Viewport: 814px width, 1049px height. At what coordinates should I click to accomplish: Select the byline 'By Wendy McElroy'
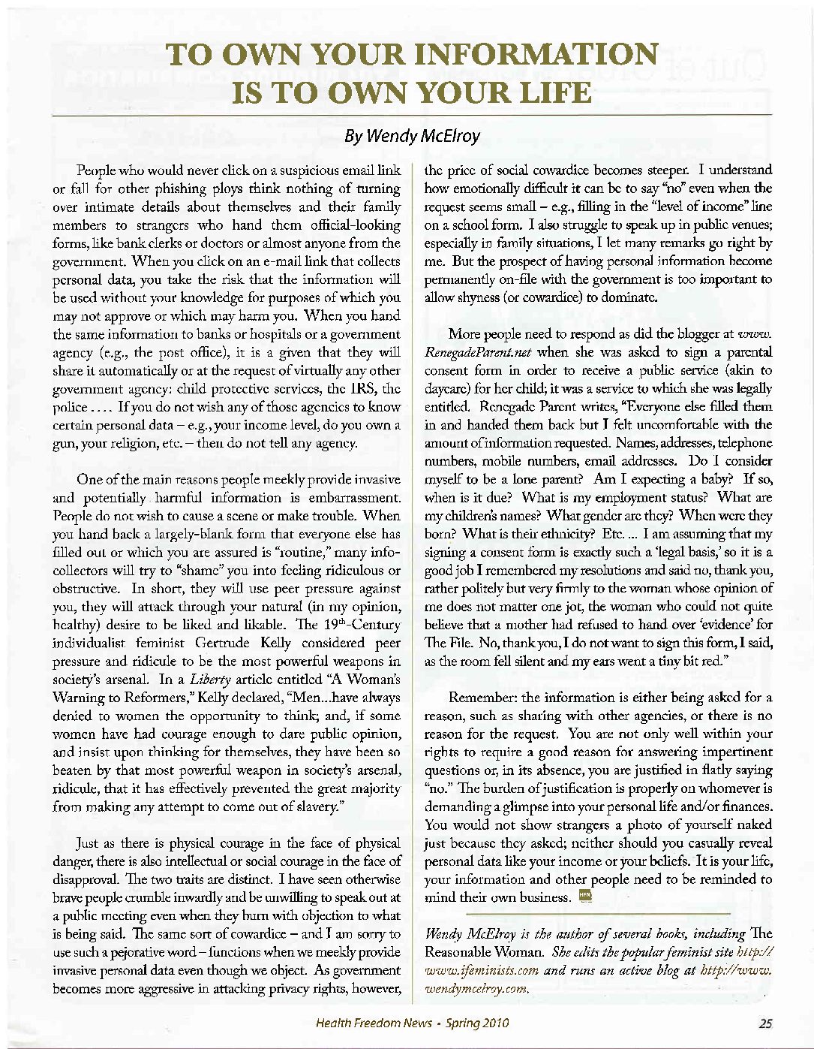point(411,137)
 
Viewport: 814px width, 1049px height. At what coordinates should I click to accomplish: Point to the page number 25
point(765,1022)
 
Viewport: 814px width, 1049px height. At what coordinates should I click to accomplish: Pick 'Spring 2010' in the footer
point(476,1022)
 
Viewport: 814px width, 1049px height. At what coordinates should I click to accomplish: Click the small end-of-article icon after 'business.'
point(586,896)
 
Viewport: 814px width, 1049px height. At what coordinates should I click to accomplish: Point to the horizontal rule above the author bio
point(598,914)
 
